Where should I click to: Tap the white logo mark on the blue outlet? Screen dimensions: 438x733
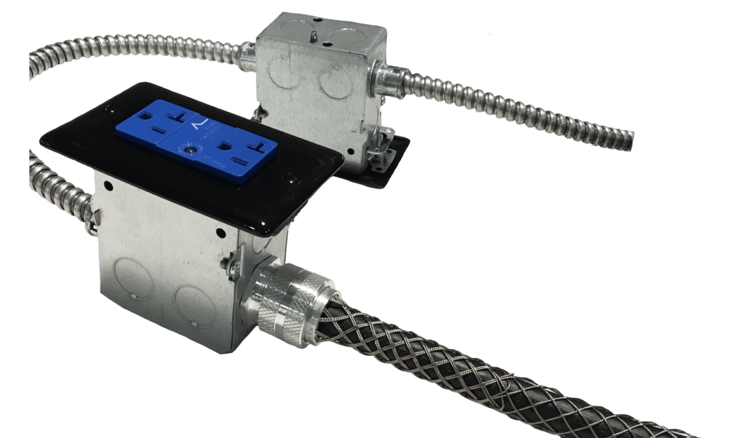tap(198, 125)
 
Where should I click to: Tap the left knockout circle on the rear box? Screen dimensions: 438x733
tap(284, 72)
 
